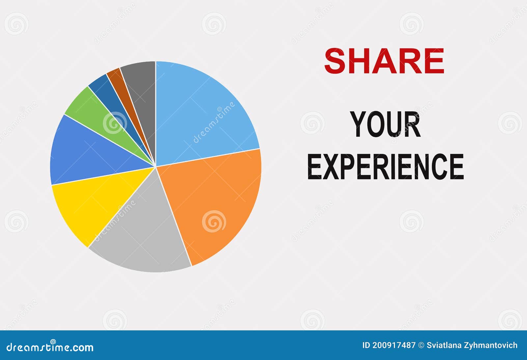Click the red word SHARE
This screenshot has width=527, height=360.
click(x=384, y=61)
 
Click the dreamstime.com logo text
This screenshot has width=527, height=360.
click(x=50, y=347)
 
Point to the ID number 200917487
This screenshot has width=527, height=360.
click(x=394, y=345)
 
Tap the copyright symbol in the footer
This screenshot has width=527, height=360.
click(x=421, y=345)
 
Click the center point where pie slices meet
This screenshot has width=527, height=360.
click(x=155, y=167)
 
